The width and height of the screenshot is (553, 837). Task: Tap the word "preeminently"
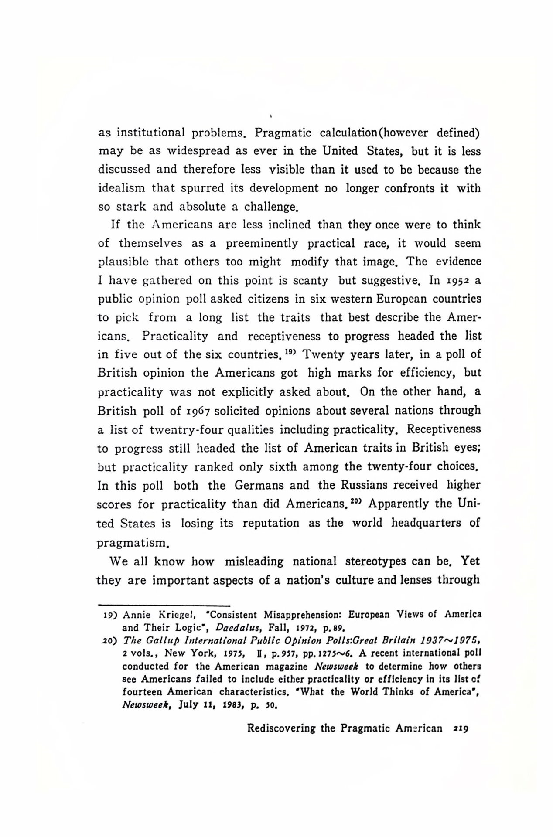click(x=262, y=243)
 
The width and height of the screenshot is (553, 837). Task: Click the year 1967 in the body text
click(x=194, y=411)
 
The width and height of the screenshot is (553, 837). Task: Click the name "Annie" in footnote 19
click(x=137, y=615)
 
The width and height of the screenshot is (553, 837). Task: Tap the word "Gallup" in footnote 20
click(x=158, y=641)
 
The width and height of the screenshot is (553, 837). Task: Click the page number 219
click(x=461, y=728)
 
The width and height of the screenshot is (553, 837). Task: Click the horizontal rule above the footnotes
click(x=164, y=606)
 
